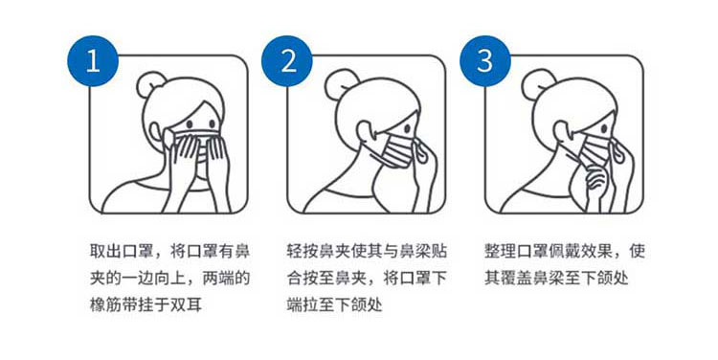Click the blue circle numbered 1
coord(93,61)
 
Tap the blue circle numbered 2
coord(287,61)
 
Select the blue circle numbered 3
coord(485,61)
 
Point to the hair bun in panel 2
coord(340,81)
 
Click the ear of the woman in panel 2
coord(365,130)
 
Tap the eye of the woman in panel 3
coord(604,128)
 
